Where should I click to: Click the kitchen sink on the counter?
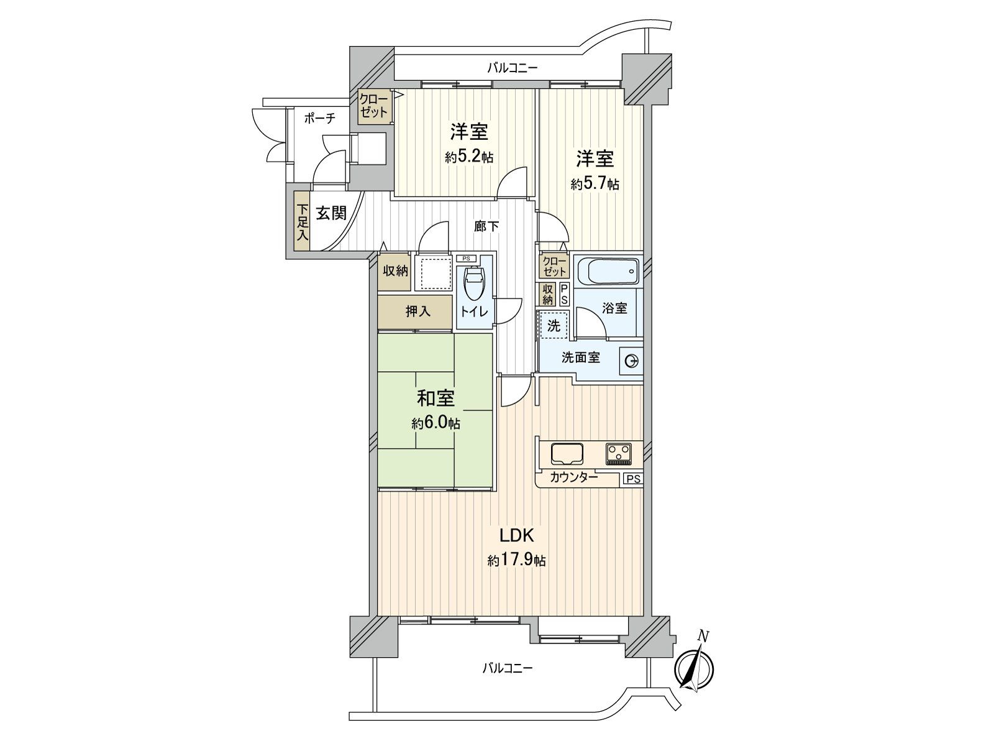pyautogui.click(x=567, y=453)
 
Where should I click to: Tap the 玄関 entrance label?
pyautogui.click(x=331, y=214)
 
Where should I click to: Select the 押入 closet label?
pyautogui.click(x=418, y=311)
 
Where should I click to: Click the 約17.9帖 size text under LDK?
pyautogui.click(x=516, y=561)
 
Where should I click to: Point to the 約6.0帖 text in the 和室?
pyautogui.click(x=435, y=424)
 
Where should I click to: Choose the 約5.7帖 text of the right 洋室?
pyautogui.click(x=595, y=184)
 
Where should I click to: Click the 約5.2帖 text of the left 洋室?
pyautogui.click(x=469, y=157)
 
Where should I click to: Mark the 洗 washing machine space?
pyautogui.click(x=553, y=325)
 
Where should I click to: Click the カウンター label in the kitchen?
pyautogui.click(x=574, y=477)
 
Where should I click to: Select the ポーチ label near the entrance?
pyautogui.click(x=320, y=119)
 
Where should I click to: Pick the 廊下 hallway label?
pyautogui.click(x=486, y=227)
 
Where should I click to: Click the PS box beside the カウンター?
pyautogui.click(x=633, y=479)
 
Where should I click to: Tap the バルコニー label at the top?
pyautogui.click(x=512, y=68)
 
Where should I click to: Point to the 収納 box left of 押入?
pyautogui.click(x=394, y=271)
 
